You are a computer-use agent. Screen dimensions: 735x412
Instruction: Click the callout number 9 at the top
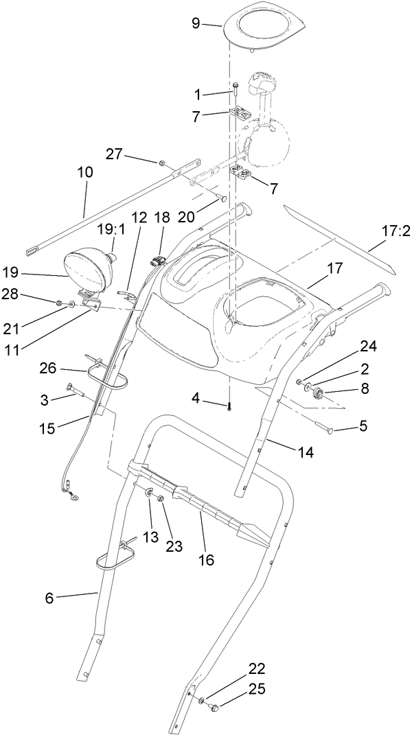tap(196, 23)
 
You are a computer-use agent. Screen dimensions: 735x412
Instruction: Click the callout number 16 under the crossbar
tap(205, 560)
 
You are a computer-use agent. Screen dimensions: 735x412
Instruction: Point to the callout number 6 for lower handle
tap(49, 598)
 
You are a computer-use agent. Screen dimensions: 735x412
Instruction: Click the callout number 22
tap(218, 668)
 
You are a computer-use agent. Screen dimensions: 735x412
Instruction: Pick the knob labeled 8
tap(318, 393)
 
